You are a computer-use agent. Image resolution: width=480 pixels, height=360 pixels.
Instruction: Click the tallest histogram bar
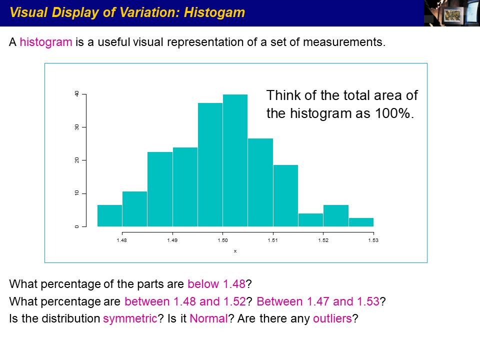click(x=235, y=160)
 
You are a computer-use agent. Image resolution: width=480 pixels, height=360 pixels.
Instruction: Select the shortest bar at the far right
click(x=361, y=222)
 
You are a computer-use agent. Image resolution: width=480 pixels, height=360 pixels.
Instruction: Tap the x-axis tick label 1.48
click(x=122, y=240)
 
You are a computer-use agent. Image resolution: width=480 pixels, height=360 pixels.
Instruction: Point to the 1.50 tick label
click(x=222, y=240)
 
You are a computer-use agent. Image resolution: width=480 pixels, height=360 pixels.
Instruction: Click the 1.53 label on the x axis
click(x=373, y=240)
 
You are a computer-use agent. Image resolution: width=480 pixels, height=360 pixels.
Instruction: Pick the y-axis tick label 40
click(x=77, y=93)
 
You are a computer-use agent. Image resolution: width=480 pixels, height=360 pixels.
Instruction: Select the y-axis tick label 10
click(x=77, y=193)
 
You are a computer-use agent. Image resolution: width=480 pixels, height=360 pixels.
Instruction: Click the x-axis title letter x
click(x=235, y=251)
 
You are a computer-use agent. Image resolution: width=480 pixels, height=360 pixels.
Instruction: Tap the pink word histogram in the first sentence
click(x=46, y=42)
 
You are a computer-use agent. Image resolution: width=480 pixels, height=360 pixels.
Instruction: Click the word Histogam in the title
click(x=214, y=12)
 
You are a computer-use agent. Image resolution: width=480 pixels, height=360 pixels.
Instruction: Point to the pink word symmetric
click(x=130, y=318)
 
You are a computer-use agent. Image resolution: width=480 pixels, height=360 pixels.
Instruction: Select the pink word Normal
click(x=209, y=318)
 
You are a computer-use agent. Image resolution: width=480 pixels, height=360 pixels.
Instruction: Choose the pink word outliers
click(x=332, y=318)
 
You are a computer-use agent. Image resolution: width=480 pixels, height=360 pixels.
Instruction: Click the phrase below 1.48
click(x=216, y=284)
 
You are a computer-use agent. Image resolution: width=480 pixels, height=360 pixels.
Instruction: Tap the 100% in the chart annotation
click(x=393, y=113)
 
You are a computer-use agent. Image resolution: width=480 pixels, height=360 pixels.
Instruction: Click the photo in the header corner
click(x=452, y=13)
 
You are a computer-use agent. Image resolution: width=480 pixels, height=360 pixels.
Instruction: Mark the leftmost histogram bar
click(x=109, y=216)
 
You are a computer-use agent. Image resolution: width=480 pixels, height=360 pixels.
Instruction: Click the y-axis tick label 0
click(x=77, y=226)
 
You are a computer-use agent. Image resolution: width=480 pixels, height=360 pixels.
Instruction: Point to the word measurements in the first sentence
click(x=344, y=42)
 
